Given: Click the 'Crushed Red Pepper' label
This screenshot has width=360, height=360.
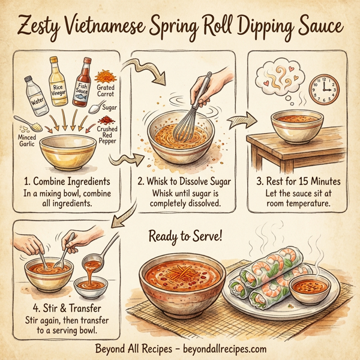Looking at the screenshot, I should click(x=107, y=134).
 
